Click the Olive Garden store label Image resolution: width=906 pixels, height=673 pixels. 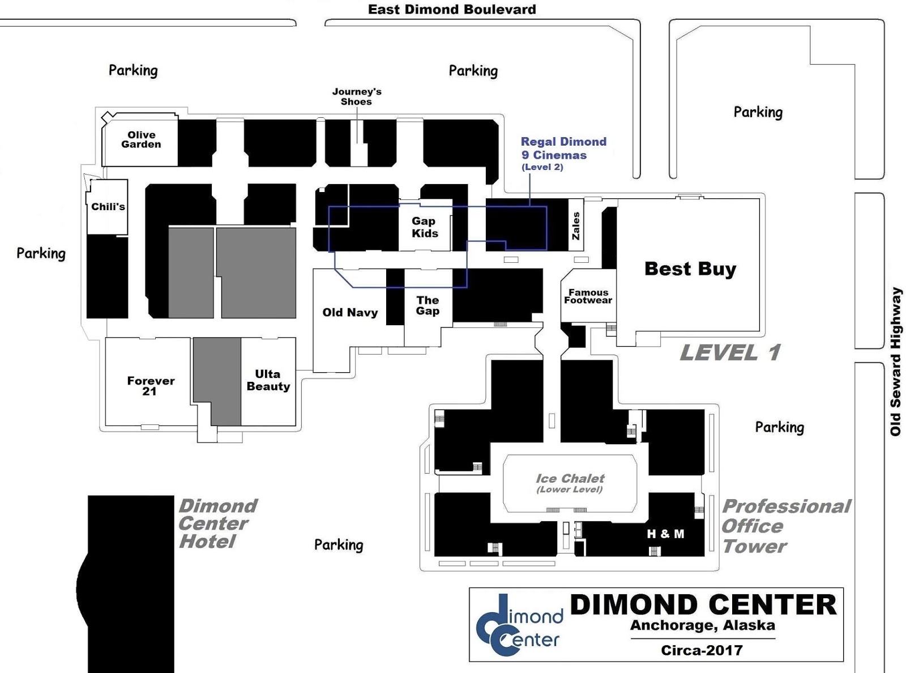[x=141, y=139]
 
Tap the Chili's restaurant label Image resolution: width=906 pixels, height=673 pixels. [x=108, y=207]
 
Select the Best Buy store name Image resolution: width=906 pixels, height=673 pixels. [x=690, y=269]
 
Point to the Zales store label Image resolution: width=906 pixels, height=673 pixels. [x=576, y=226]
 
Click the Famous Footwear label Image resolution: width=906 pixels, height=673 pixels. [x=588, y=296]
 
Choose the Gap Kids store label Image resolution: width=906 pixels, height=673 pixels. [x=425, y=227]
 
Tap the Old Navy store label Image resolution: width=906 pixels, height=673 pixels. [x=350, y=312]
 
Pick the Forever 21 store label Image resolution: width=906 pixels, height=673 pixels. [x=150, y=386]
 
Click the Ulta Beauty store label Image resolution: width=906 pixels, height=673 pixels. [x=268, y=380]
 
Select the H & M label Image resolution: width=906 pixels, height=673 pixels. [x=665, y=534]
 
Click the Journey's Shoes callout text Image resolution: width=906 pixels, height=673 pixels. [x=356, y=96]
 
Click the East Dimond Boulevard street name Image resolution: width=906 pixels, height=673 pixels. [x=451, y=9]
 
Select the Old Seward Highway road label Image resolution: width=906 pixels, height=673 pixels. [x=895, y=361]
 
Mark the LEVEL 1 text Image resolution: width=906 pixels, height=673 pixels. [x=730, y=352]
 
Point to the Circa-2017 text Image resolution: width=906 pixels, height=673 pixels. [x=701, y=650]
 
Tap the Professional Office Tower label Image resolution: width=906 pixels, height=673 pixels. [x=785, y=526]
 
